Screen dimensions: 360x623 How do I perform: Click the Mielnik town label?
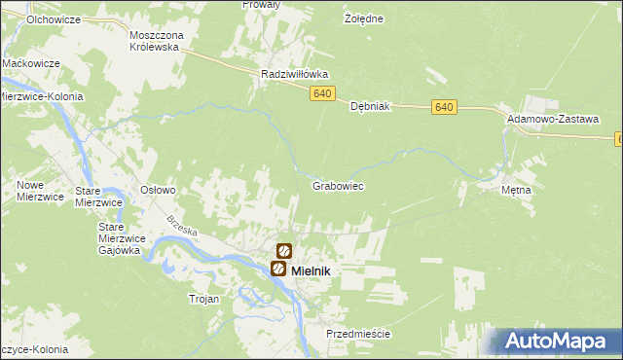(x=311, y=270)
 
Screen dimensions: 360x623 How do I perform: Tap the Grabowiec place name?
(x=338, y=185)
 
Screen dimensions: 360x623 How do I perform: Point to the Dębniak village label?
(x=370, y=107)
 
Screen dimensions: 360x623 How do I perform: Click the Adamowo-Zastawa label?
(x=552, y=117)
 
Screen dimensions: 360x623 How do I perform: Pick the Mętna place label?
(x=516, y=191)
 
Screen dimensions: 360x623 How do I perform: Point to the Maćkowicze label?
(x=31, y=63)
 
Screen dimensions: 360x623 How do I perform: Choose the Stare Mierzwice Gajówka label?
(x=122, y=237)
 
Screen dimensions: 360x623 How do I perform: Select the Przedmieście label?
(x=358, y=334)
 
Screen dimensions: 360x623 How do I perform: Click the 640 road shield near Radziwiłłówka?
(x=324, y=93)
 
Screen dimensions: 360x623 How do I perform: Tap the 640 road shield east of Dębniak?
(x=444, y=107)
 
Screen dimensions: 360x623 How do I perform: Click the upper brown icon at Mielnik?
(x=284, y=251)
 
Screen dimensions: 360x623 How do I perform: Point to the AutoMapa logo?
(x=557, y=342)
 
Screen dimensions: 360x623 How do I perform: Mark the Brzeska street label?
(x=182, y=232)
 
